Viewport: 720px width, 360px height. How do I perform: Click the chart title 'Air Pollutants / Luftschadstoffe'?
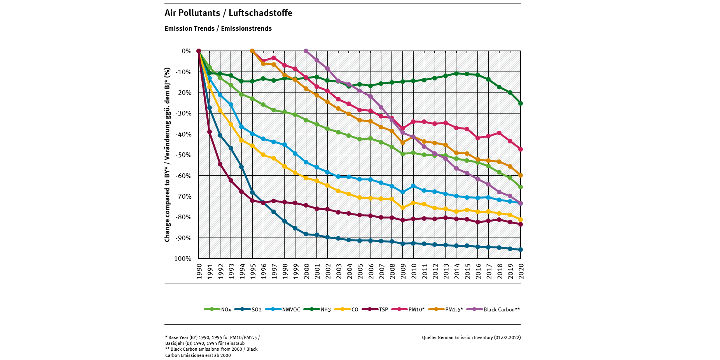tap(228, 13)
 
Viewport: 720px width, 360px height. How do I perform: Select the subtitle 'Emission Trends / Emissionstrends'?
tap(218, 28)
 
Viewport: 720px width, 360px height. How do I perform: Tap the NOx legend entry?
tap(218, 309)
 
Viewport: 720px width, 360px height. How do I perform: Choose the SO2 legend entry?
tap(248, 309)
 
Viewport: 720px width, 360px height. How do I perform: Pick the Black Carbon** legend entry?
tap(493, 309)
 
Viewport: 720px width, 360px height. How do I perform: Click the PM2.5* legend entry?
tap(446, 309)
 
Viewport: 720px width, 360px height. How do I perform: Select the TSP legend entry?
tap(375, 309)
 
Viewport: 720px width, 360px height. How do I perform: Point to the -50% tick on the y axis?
tap(184, 155)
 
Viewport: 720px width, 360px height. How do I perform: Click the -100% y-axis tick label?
tap(182, 259)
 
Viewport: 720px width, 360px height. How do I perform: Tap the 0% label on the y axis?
tap(187, 51)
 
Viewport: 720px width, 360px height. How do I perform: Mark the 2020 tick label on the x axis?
tap(521, 271)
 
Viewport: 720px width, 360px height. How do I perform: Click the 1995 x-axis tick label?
tap(253, 271)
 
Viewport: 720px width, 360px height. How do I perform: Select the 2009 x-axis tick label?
tap(403, 271)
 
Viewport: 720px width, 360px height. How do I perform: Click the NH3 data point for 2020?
tap(521, 103)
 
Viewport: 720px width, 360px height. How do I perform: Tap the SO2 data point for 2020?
tap(521, 250)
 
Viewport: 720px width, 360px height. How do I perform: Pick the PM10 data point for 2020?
tap(521, 149)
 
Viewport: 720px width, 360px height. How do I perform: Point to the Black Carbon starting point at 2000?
tap(306, 51)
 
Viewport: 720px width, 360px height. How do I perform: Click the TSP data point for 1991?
tap(210, 132)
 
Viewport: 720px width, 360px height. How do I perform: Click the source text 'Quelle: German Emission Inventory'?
tap(471, 337)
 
